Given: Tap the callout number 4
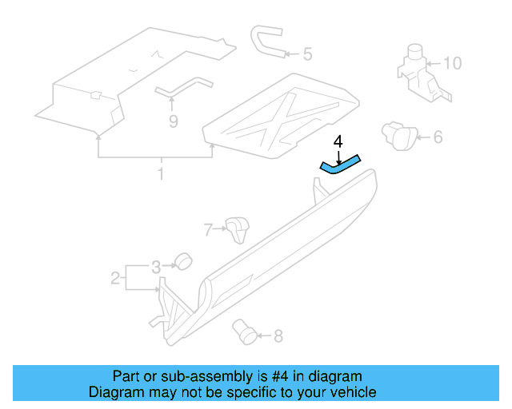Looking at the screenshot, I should [x=338, y=141].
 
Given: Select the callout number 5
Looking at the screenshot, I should [x=307, y=55].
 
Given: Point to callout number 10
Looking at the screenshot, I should [x=452, y=62].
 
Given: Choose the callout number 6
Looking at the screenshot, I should [x=438, y=137].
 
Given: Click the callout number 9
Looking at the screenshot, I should [x=172, y=121].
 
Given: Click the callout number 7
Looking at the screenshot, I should [x=208, y=230].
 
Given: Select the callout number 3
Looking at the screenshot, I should [x=157, y=265].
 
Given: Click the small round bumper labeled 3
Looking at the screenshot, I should [x=185, y=260].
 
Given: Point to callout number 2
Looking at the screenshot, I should [x=115, y=278].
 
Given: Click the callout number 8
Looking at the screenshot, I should [x=278, y=336].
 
